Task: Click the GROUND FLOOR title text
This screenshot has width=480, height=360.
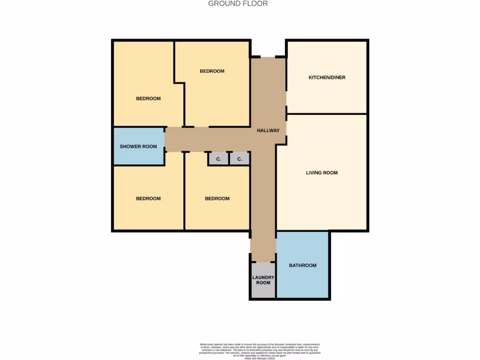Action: pos(238,4)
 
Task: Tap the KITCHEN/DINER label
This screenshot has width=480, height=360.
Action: pos(327,77)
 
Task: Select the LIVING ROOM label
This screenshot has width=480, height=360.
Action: pos(322,173)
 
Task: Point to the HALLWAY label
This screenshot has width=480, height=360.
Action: pos(268,131)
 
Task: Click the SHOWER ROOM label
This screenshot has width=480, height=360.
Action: pos(138,147)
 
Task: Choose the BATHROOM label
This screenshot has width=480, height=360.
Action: pos(302,266)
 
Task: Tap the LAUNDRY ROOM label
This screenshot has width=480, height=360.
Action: pos(263,280)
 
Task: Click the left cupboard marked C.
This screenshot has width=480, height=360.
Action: pos(218,159)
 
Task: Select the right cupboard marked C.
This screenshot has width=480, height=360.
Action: pos(240,159)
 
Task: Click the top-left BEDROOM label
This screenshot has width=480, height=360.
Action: pos(148,99)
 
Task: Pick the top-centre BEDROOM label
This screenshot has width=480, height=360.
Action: pos(212,71)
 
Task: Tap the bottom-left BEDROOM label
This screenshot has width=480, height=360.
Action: pos(148,199)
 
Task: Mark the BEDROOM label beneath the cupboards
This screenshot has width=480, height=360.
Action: pos(217,199)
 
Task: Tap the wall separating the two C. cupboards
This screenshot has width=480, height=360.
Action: pos(229,158)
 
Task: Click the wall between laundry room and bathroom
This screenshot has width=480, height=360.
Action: pos(276,280)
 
